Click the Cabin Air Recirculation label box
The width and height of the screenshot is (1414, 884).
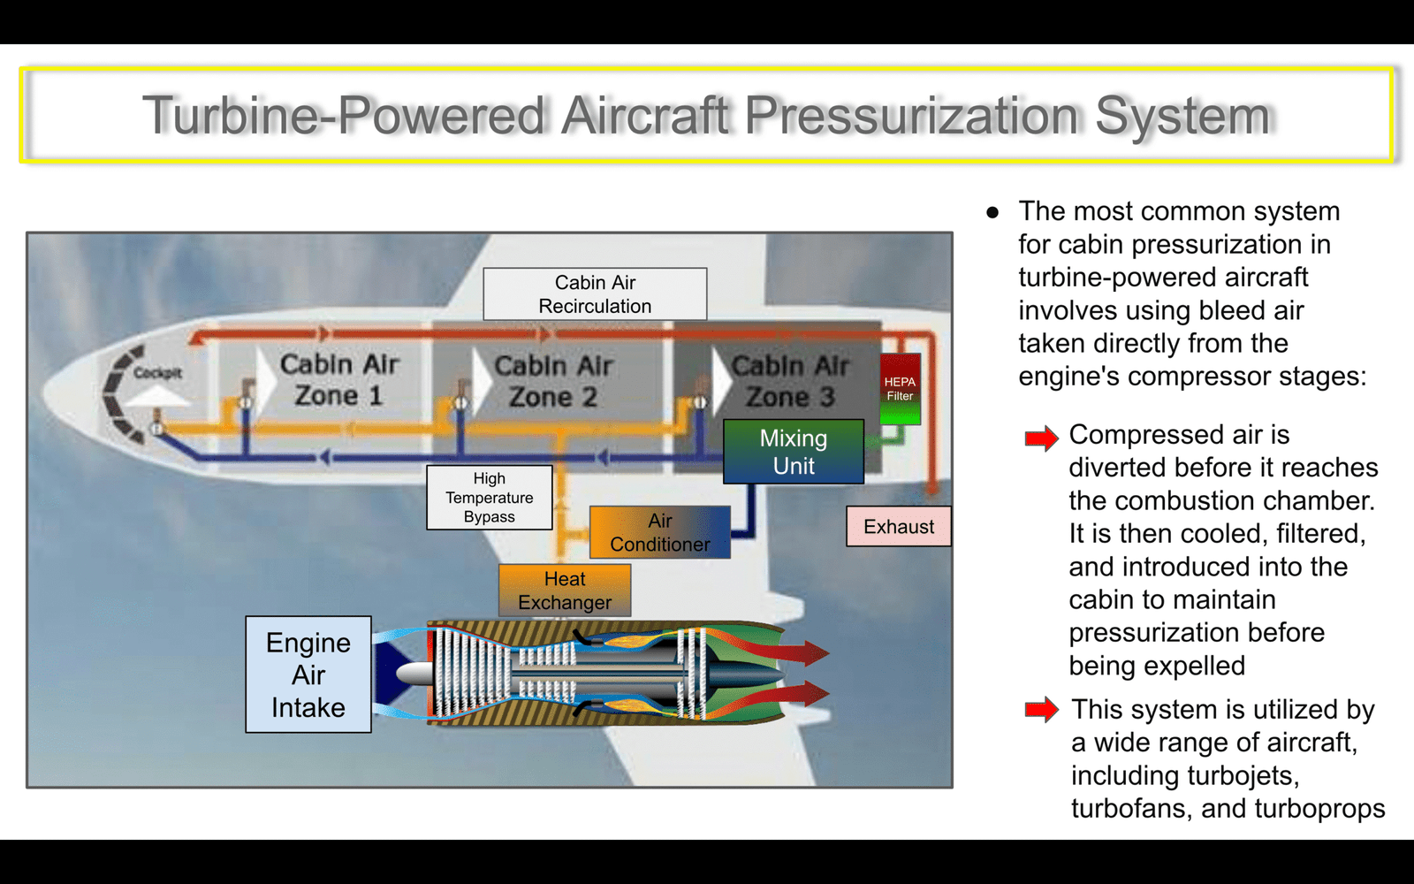click(595, 293)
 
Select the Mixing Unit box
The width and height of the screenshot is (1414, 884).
click(794, 452)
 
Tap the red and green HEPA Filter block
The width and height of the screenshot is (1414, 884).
click(900, 388)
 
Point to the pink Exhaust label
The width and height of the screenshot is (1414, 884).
click(898, 526)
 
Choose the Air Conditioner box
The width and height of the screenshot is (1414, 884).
click(659, 531)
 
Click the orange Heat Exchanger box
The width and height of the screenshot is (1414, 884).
click(565, 591)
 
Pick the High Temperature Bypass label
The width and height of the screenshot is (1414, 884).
click(490, 498)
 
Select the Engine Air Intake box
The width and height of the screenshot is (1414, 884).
click(308, 674)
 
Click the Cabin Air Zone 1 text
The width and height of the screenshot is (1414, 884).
click(339, 380)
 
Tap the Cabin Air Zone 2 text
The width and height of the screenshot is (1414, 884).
click(553, 381)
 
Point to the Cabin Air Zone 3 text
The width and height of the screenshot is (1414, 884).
click(790, 381)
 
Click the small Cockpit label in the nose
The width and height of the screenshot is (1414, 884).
click(157, 372)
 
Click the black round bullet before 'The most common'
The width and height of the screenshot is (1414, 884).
click(992, 212)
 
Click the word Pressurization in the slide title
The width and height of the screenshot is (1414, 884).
click(911, 116)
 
